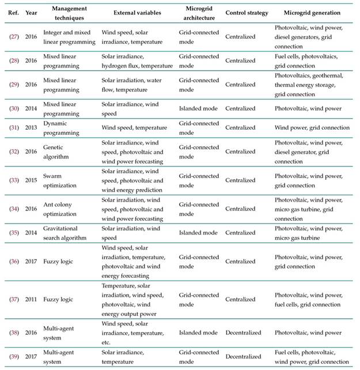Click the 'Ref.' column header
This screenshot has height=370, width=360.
tap(13, 12)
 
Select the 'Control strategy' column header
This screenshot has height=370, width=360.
tap(245, 12)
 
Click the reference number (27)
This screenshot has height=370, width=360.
tap(14, 36)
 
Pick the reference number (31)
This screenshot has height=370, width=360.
tap(14, 127)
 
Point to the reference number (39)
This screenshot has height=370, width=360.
tap(14, 356)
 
